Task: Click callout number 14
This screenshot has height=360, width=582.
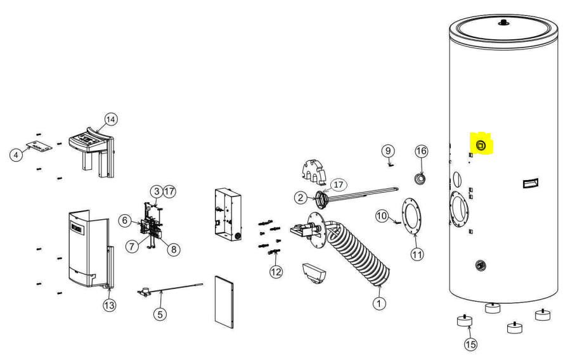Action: [111, 119]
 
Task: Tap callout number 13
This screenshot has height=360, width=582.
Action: [110, 305]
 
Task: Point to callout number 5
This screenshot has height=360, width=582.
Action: [161, 313]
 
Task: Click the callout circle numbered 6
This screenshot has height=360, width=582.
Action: [125, 220]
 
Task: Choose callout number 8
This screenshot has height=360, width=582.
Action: [172, 249]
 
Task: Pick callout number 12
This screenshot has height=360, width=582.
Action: [275, 271]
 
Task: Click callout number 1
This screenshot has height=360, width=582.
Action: [379, 304]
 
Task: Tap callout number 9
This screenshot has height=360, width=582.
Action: [388, 151]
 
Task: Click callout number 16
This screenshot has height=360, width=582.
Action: [422, 151]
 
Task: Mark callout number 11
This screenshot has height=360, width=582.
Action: [417, 254]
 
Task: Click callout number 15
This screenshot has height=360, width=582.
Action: [470, 344]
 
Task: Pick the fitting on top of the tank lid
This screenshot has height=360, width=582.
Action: [503, 23]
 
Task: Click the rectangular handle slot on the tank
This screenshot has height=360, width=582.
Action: [531, 184]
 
